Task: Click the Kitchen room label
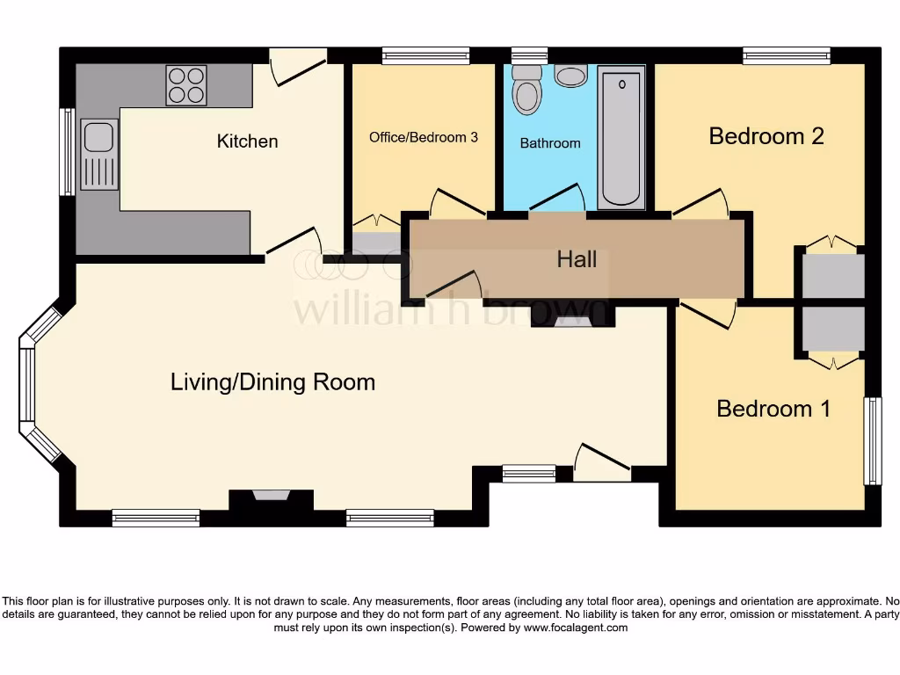247,142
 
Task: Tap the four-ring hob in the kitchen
186,85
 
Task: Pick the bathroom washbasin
571,76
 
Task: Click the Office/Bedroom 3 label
424,137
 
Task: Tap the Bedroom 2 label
766,136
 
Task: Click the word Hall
577,259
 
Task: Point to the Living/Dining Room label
272,382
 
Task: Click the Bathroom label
550,143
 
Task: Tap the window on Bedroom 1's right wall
873,440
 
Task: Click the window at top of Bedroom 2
786,55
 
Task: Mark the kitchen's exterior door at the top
298,66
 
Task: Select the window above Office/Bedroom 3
425,55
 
